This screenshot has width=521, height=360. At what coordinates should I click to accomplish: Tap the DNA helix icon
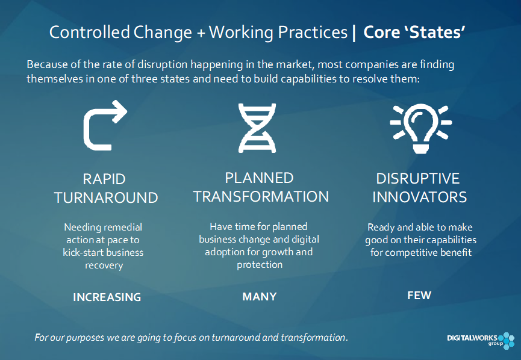(x=257, y=128)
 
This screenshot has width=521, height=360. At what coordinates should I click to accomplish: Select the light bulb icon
(x=420, y=128)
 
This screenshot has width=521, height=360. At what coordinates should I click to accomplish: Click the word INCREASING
(x=107, y=297)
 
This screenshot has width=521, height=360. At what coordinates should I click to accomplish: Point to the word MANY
(x=260, y=296)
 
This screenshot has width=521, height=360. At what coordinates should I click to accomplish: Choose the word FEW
(x=419, y=295)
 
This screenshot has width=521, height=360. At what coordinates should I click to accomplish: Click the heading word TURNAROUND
(x=106, y=198)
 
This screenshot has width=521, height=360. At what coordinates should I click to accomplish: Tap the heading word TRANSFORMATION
(x=261, y=197)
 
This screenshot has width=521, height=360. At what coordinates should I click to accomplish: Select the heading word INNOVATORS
(x=419, y=197)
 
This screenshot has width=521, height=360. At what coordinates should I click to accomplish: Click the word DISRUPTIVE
(x=417, y=179)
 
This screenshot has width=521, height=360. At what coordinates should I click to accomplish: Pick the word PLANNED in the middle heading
(x=259, y=178)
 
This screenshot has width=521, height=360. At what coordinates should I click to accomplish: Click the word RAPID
(x=104, y=179)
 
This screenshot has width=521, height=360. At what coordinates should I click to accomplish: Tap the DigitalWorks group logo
(x=481, y=340)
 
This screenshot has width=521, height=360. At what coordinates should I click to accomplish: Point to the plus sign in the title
(x=201, y=34)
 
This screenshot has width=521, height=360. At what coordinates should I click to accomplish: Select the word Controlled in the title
(x=89, y=33)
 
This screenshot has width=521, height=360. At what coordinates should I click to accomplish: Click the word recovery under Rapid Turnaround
(x=104, y=265)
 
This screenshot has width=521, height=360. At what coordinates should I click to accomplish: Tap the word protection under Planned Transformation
(x=260, y=265)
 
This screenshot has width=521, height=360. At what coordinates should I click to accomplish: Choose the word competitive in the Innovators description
(x=411, y=253)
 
